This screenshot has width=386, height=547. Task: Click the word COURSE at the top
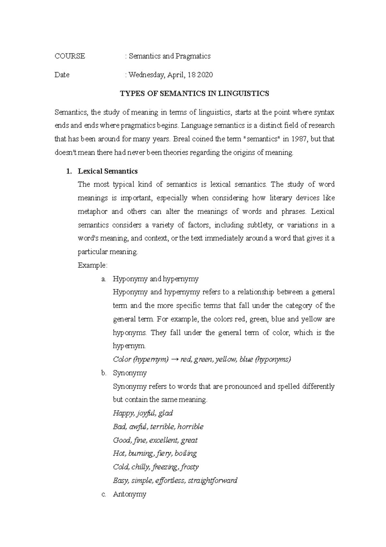click(70, 56)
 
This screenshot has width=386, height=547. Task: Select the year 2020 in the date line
click(205, 75)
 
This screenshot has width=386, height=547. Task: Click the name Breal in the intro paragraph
click(182, 139)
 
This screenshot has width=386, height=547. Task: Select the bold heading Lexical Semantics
click(108, 171)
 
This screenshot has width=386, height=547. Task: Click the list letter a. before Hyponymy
click(104, 279)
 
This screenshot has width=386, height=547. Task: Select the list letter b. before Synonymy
click(104, 373)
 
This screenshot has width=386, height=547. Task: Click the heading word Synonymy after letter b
click(130, 373)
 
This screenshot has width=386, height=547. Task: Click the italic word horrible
click(190, 427)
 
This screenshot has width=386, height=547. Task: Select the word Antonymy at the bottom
click(130, 494)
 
